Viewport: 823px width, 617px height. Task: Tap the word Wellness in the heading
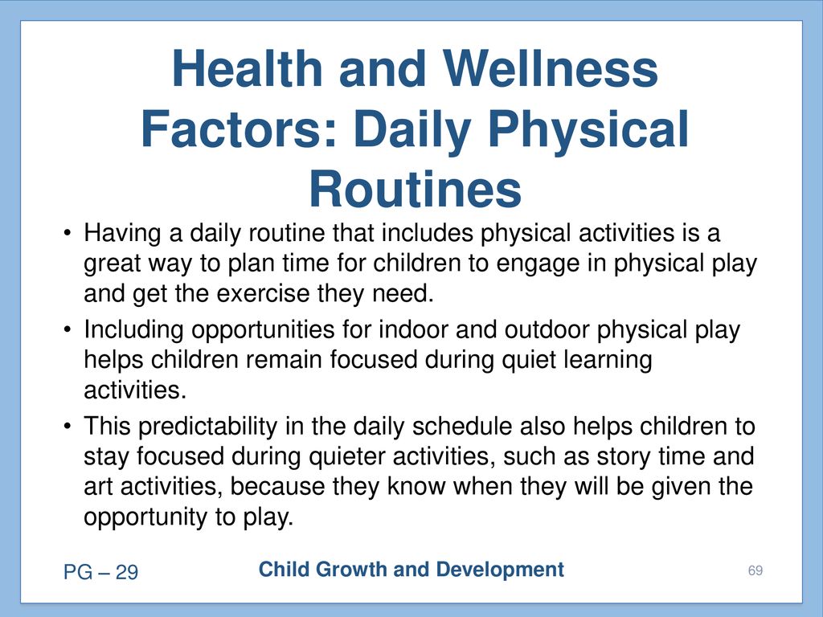point(550,68)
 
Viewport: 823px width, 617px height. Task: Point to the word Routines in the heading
point(415,189)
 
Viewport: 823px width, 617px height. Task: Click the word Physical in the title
point(588,131)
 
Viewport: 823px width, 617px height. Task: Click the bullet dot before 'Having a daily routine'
point(67,232)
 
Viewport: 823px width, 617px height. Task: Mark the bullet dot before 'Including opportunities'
point(67,329)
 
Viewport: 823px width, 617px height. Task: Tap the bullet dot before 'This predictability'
point(67,426)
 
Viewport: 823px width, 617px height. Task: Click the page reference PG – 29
point(100,572)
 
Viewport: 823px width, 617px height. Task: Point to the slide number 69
point(755,570)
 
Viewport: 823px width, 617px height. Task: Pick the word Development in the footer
point(500,570)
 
